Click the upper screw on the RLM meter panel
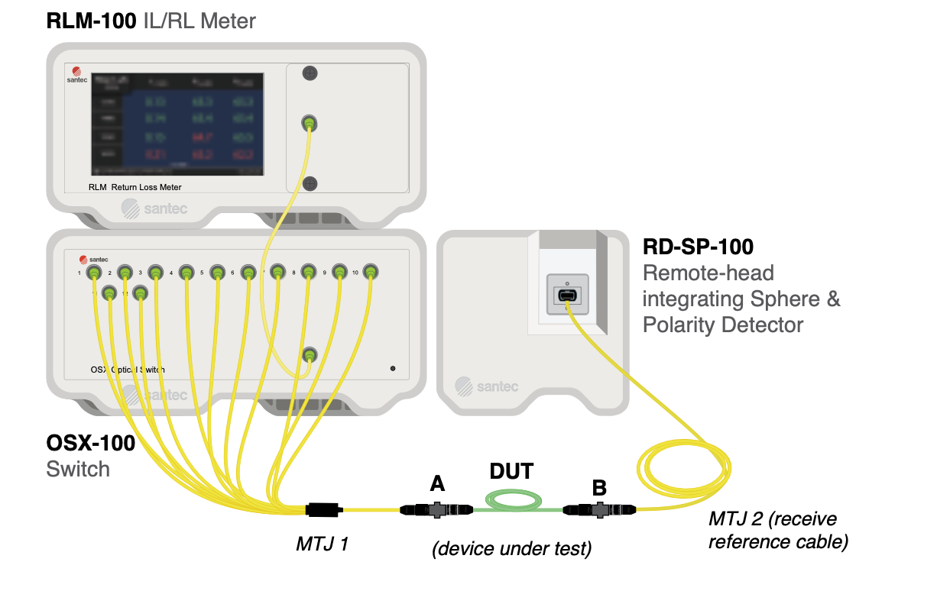point(310,73)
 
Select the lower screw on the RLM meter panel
point(310,182)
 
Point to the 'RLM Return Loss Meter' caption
point(135,186)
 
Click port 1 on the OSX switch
point(93,272)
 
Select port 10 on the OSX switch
point(370,271)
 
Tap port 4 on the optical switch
point(186,272)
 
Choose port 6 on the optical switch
point(248,272)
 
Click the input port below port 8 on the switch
point(310,354)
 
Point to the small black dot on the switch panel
point(393,369)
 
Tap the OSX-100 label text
point(90,443)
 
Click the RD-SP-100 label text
point(698,247)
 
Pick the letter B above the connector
point(600,487)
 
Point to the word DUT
point(511,471)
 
